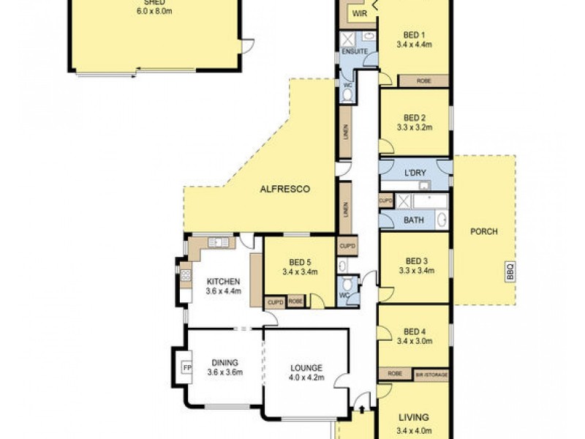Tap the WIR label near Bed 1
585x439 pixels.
tap(359, 14)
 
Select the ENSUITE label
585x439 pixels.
tap(353, 52)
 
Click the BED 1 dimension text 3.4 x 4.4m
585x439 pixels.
tap(415, 45)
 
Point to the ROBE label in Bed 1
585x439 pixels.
tap(423, 80)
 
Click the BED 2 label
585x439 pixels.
tap(415, 117)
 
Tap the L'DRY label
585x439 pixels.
tap(415, 173)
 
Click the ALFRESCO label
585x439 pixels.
tap(285, 189)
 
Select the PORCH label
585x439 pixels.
tap(484, 231)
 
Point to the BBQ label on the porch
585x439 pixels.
tap(510, 271)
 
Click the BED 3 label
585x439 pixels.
tap(415, 260)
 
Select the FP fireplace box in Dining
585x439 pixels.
tap(186, 367)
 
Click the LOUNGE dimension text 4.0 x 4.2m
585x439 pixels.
tap(306, 378)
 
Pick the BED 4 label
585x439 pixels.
tap(415, 331)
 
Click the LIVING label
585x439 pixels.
tap(415, 418)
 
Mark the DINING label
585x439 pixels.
tap(224, 362)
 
